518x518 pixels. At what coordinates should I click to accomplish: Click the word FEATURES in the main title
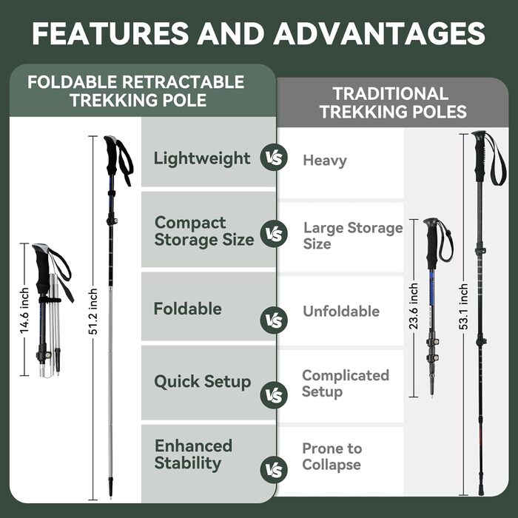tap(111, 33)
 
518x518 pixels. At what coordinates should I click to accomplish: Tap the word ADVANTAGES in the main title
tap(379, 33)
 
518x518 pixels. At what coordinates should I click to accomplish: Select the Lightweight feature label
tap(202, 158)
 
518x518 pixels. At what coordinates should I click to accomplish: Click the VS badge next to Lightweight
tap(274, 158)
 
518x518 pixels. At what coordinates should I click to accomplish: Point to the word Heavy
tap(325, 161)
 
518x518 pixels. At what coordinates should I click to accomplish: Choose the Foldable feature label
tap(188, 309)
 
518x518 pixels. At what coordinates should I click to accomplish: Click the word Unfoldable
tap(341, 312)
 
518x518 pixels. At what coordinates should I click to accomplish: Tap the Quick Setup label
tap(203, 382)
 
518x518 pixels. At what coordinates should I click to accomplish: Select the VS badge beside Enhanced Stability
tap(274, 469)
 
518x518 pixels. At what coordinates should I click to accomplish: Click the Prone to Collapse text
tap(332, 457)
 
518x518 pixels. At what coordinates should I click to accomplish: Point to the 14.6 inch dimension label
tap(24, 310)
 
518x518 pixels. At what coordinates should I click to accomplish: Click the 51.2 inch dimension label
tap(93, 312)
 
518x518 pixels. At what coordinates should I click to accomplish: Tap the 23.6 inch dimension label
tap(414, 306)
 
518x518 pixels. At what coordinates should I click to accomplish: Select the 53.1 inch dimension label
tap(464, 306)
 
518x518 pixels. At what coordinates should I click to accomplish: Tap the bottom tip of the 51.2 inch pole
tap(111, 497)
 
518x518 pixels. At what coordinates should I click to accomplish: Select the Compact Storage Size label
tap(204, 231)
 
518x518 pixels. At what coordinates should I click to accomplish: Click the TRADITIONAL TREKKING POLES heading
tap(393, 102)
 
